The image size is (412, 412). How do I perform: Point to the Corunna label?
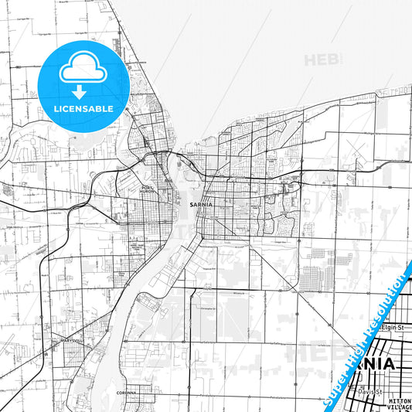tap(128, 392)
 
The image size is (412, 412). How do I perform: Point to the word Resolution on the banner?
tap(386, 305)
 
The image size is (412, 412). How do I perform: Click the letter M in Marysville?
tap(52, 340)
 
